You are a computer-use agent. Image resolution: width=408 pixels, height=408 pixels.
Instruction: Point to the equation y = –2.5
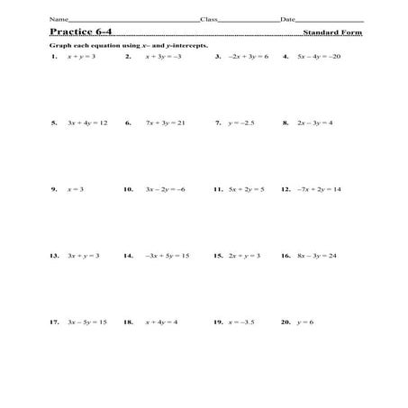241,122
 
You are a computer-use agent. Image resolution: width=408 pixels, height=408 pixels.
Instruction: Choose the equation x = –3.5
243,322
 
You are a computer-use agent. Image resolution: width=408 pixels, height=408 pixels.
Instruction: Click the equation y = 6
308,322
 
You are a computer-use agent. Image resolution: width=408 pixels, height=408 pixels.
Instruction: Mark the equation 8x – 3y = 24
315,256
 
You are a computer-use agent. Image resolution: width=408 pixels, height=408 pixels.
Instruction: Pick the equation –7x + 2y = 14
320,190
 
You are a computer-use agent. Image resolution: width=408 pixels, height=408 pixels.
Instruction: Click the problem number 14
128,256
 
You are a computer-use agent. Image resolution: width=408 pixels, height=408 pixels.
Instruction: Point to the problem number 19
218,322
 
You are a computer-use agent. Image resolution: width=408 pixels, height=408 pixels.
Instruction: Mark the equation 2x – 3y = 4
313,122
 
